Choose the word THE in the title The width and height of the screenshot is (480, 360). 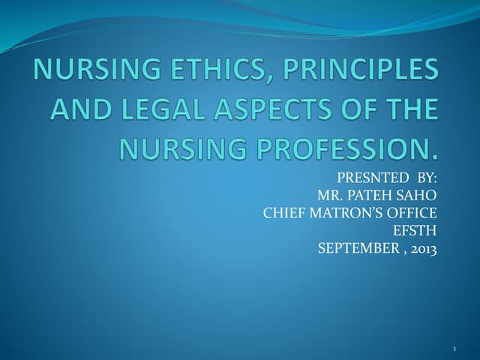coord(409,110)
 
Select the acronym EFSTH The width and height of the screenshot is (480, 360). coord(415,230)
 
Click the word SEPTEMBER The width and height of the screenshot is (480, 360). coord(355,247)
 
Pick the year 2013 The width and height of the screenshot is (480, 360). coord(421,247)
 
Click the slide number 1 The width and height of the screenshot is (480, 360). coord(455,349)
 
